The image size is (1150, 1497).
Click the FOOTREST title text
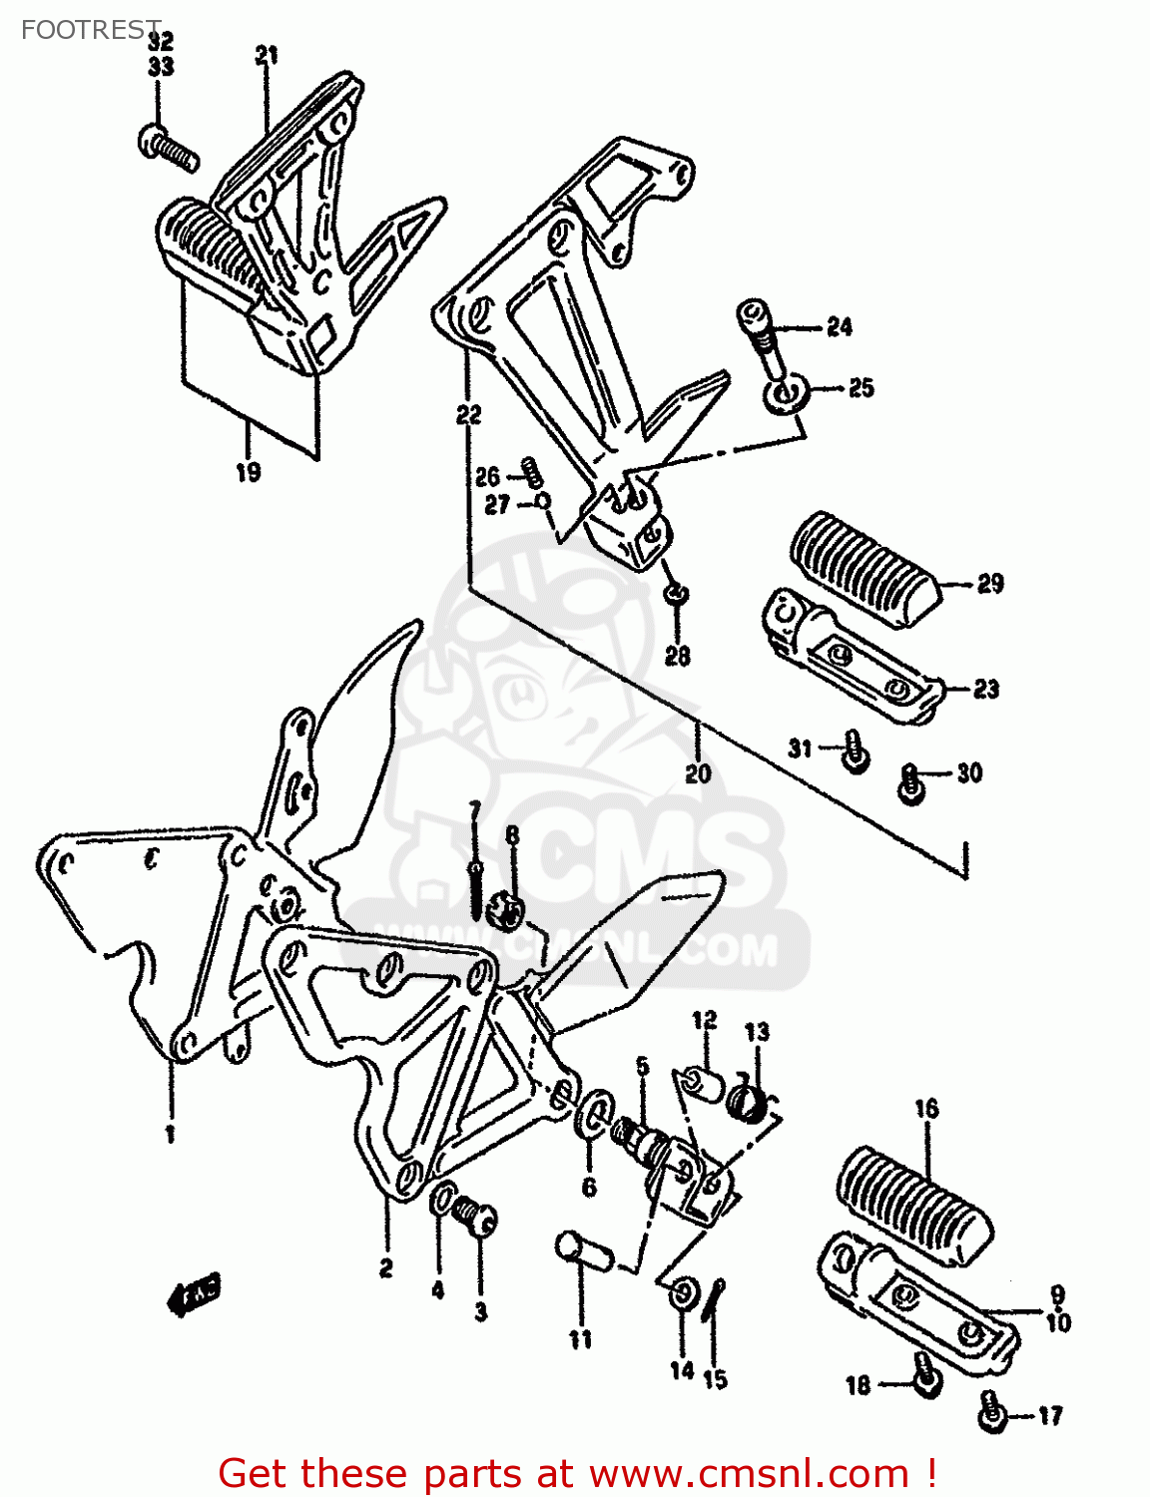tap(90, 29)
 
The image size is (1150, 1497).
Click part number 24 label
tap(839, 327)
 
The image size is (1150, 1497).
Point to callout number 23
tap(985, 689)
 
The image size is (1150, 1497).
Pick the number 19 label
tap(248, 472)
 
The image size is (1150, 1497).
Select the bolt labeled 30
tap(910, 782)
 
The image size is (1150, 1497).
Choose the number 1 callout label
tap(170, 1134)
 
